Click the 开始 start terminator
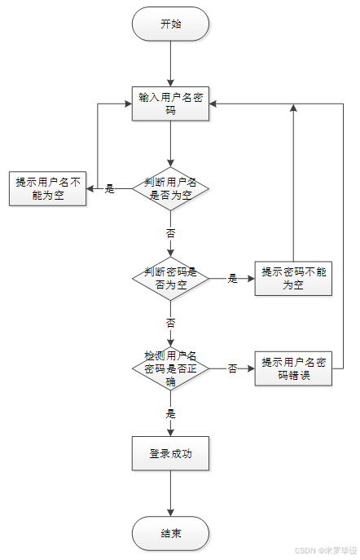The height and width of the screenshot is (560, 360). [x=170, y=24]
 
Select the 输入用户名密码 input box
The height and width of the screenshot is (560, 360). [x=170, y=104]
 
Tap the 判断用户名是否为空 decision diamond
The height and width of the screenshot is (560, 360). [x=170, y=189]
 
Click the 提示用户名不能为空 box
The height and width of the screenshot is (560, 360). [x=48, y=189]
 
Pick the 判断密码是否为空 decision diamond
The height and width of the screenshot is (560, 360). [x=170, y=278]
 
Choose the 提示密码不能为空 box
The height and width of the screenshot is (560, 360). [x=293, y=278]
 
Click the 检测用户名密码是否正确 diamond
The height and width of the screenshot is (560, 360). [x=170, y=368]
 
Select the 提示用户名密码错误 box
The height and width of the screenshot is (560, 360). [x=293, y=368]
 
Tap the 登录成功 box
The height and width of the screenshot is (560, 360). [x=170, y=453]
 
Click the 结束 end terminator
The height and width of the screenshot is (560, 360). [x=170, y=533]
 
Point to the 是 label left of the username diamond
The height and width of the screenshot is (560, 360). [x=109, y=189]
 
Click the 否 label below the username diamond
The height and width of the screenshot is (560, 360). [x=170, y=233]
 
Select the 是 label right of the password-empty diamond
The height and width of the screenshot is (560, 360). [x=232, y=278]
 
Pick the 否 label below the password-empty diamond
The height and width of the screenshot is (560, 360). [x=170, y=323]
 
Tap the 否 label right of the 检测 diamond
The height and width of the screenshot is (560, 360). [x=232, y=368]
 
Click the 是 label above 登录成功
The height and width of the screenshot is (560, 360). [x=170, y=413]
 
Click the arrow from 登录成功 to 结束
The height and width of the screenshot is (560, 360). [x=170, y=493]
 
